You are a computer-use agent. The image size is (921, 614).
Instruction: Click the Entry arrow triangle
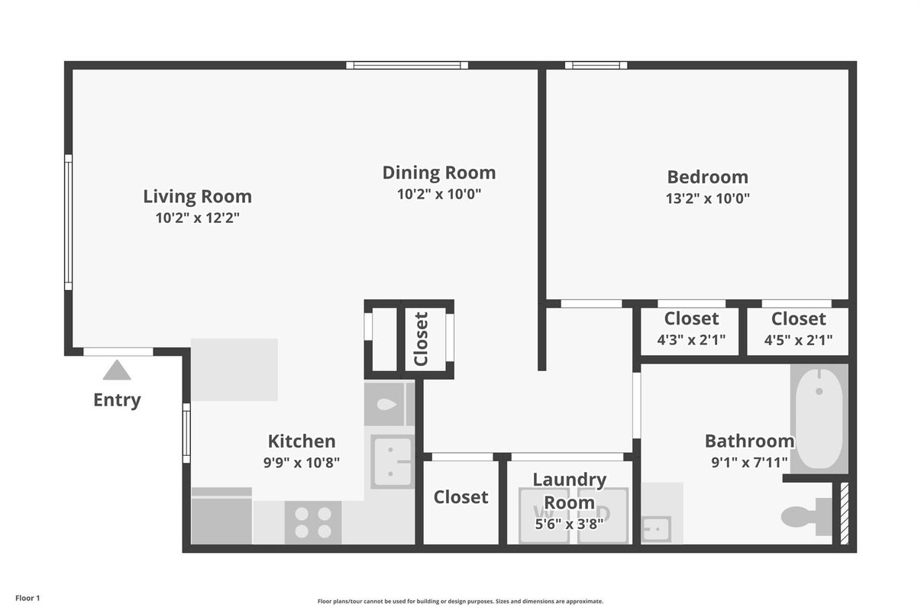117,371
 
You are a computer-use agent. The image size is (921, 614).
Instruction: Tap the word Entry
117,400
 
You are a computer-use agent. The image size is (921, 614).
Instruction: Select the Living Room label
197,196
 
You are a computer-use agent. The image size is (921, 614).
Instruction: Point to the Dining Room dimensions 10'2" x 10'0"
439,194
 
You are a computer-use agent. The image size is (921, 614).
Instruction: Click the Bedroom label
707,177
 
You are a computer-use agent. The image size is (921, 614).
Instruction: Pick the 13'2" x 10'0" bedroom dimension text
707,199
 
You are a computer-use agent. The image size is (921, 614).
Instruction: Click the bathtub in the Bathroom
819,418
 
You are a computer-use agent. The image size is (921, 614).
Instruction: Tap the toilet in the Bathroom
805,517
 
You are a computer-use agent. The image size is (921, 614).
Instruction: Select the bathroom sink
655,528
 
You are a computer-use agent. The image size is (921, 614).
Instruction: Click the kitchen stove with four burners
313,522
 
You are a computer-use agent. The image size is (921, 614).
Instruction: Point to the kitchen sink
391,461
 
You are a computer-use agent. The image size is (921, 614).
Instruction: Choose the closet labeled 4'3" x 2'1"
690,329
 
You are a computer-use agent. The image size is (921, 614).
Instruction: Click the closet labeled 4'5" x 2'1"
798,329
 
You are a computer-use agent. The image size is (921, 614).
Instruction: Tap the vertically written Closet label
421,338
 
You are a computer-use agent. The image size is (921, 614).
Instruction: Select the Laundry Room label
569,490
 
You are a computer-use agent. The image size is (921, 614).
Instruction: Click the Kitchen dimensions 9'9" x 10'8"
302,462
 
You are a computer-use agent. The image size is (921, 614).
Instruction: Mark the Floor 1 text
27,598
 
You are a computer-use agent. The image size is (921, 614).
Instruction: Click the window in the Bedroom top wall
596,65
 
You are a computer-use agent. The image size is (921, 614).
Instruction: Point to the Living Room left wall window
68,222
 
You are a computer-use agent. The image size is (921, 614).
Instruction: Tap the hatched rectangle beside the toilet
844,513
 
